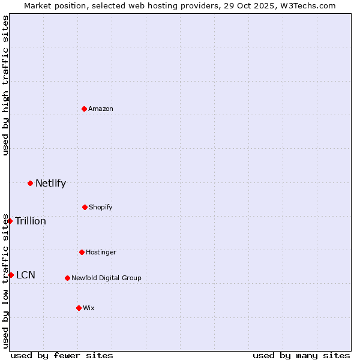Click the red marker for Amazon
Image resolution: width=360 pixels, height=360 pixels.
pyautogui.click(x=84, y=109)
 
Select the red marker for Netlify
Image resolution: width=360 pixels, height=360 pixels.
pyautogui.click(x=30, y=183)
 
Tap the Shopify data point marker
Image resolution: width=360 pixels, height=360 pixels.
pyautogui.click(x=85, y=207)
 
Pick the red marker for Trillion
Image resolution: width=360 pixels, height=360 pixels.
pyautogui.click(x=10, y=221)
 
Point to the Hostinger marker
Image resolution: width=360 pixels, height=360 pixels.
pyautogui.click(x=82, y=252)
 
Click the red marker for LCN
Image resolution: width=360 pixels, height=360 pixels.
pyautogui.click(x=11, y=275)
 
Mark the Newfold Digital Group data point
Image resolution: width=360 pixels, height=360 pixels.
pyautogui.click(x=67, y=278)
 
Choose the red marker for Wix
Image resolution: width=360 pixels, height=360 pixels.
pyautogui.click(x=79, y=308)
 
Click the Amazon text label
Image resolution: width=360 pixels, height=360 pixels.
pyautogui.click(x=101, y=109)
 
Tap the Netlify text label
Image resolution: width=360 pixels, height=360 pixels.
pyautogui.click(x=50, y=184)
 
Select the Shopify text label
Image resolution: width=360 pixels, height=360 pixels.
pyautogui.click(x=100, y=207)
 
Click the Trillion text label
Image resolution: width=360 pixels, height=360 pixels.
pyautogui.click(x=31, y=221)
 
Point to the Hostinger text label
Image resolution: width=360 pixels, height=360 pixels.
pyautogui.click(x=101, y=252)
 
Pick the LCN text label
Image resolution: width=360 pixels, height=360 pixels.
pyautogui.click(x=26, y=275)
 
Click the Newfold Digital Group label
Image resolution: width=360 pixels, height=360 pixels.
pyautogui.click(x=106, y=278)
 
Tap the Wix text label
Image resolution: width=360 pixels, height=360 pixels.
pyautogui.click(x=89, y=308)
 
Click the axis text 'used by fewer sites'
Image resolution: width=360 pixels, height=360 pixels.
pyautogui.click(x=62, y=355)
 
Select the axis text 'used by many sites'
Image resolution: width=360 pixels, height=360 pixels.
pyautogui.click(x=301, y=355)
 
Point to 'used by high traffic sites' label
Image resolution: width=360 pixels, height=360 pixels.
pyautogui.click(x=5, y=85)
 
